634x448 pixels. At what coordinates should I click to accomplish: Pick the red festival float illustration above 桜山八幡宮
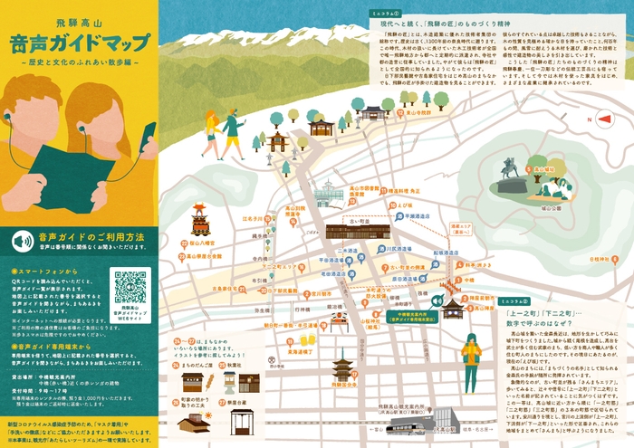point(199,218)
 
